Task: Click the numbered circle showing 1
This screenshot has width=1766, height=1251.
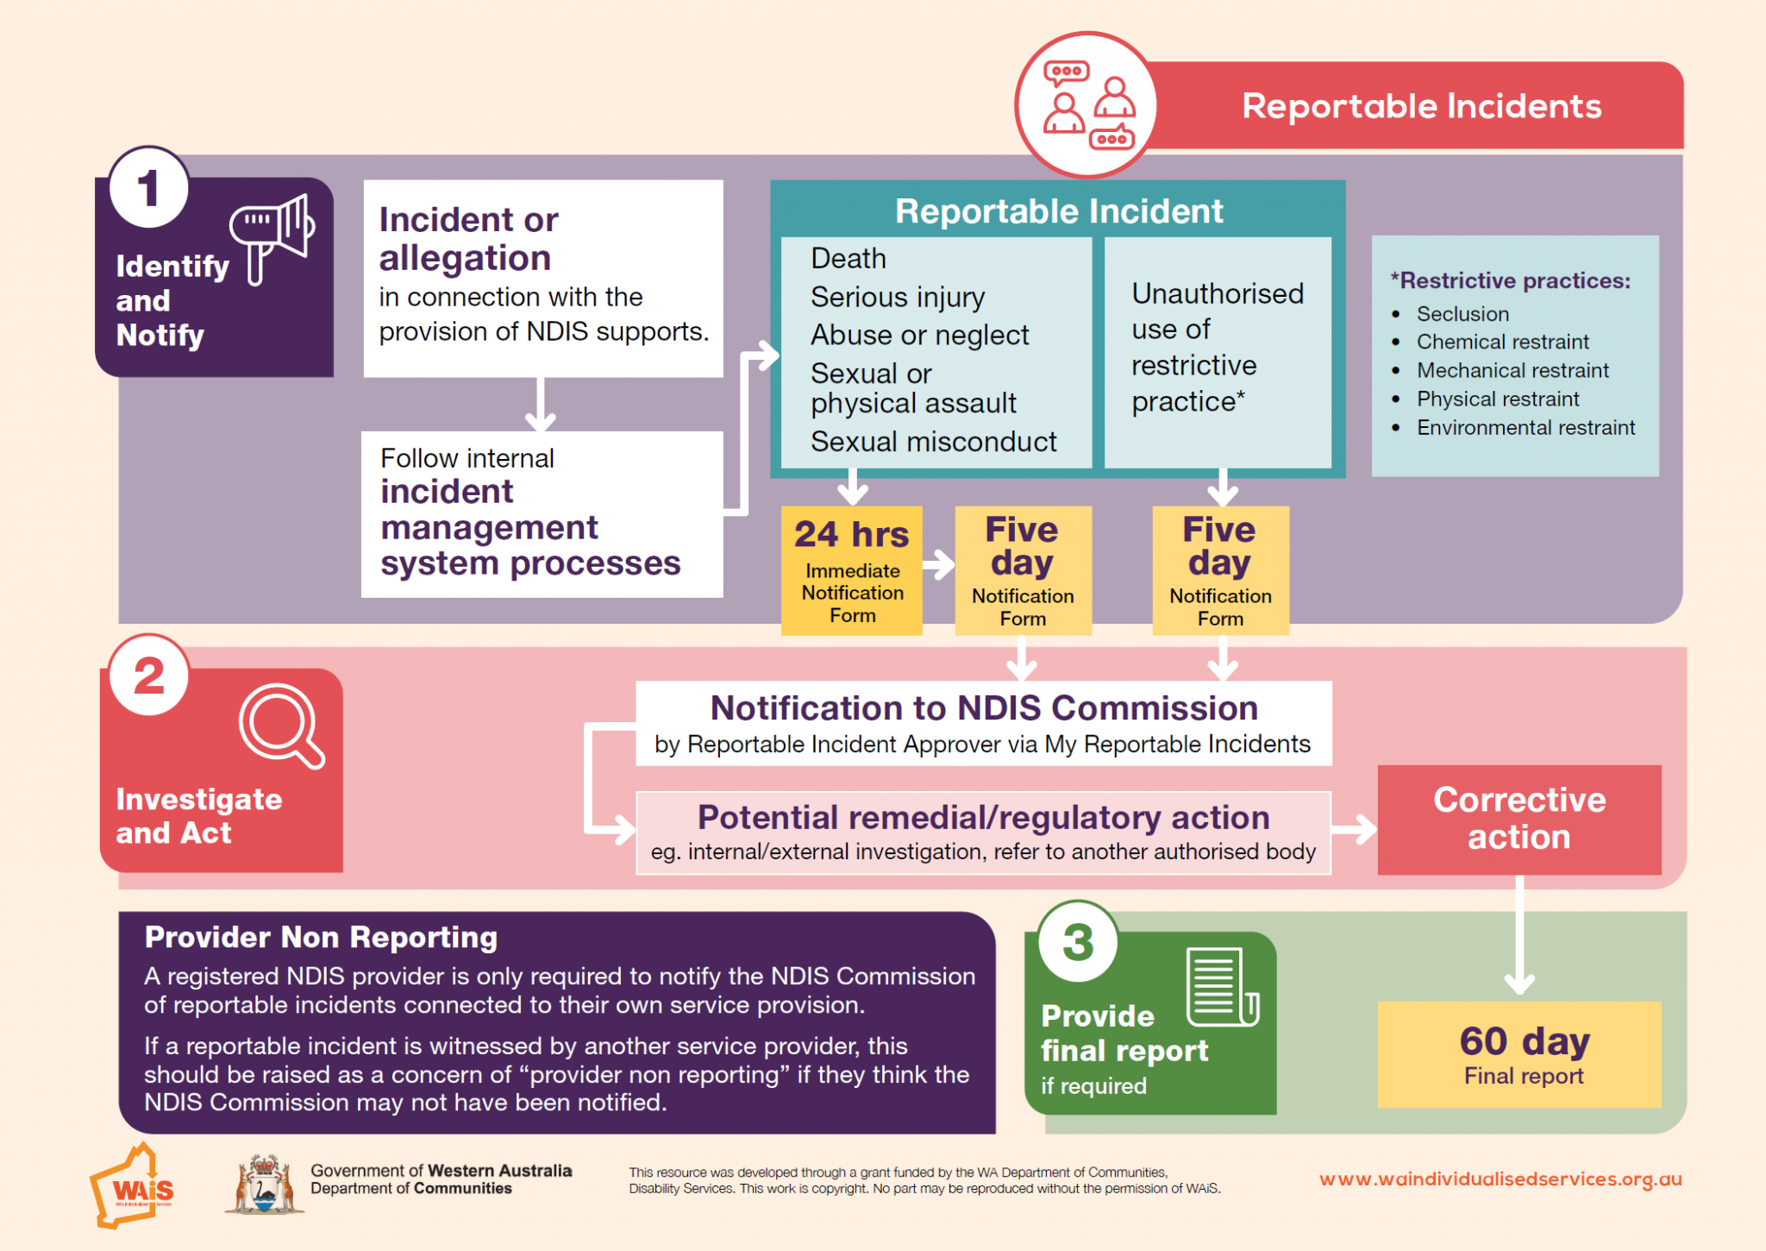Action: pyautogui.click(x=149, y=187)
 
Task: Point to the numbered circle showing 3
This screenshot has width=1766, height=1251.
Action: pyautogui.click(x=1078, y=942)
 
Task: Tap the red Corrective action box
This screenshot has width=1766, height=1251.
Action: pyautogui.click(x=1519, y=819)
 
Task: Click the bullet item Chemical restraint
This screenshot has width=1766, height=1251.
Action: pyautogui.click(x=1502, y=342)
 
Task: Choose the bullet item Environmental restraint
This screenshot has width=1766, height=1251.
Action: pyautogui.click(x=1525, y=427)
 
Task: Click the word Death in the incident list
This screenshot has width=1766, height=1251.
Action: pyautogui.click(x=848, y=258)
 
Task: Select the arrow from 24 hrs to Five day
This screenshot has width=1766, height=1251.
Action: pyautogui.click(x=938, y=566)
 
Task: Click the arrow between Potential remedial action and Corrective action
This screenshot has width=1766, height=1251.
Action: pyautogui.click(x=1354, y=830)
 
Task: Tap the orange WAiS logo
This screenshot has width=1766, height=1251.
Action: pyautogui.click(x=131, y=1187)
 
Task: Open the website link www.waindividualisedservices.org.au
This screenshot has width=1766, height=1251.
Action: pyautogui.click(x=1500, y=1179)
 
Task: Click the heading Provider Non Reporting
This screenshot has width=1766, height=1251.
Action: pyautogui.click(x=321, y=937)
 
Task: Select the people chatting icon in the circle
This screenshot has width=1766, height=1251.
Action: pyautogui.click(x=1087, y=105)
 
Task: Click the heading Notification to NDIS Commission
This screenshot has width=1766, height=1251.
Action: pyautogui.click(x=983, y=707)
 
